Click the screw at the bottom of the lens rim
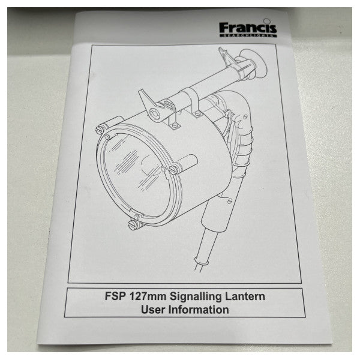pyautogui.click(x=133, y=224)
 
